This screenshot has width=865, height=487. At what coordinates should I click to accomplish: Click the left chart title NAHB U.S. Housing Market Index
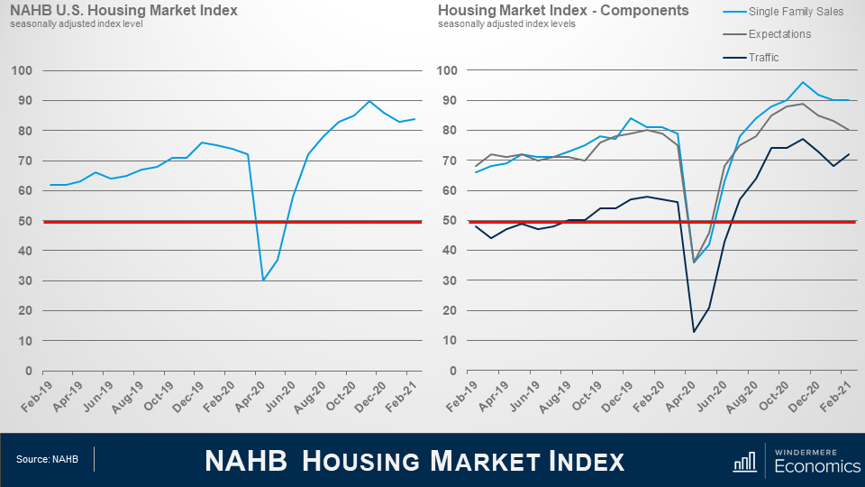123,11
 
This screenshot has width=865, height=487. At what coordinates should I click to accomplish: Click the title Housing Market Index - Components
563,11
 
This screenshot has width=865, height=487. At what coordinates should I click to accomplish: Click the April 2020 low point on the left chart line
264,280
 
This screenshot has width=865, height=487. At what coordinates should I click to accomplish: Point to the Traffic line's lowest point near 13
694,332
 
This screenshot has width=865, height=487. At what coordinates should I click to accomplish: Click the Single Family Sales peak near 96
802,82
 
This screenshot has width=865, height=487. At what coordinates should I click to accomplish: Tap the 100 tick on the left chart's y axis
24,70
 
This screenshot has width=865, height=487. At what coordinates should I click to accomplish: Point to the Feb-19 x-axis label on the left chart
37,397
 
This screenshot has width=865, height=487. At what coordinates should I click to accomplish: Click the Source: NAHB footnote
47,460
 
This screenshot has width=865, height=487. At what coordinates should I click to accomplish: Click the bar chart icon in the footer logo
744,462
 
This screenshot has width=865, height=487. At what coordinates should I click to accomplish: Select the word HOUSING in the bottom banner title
360,461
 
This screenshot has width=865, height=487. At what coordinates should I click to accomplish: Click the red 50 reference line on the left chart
135,221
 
